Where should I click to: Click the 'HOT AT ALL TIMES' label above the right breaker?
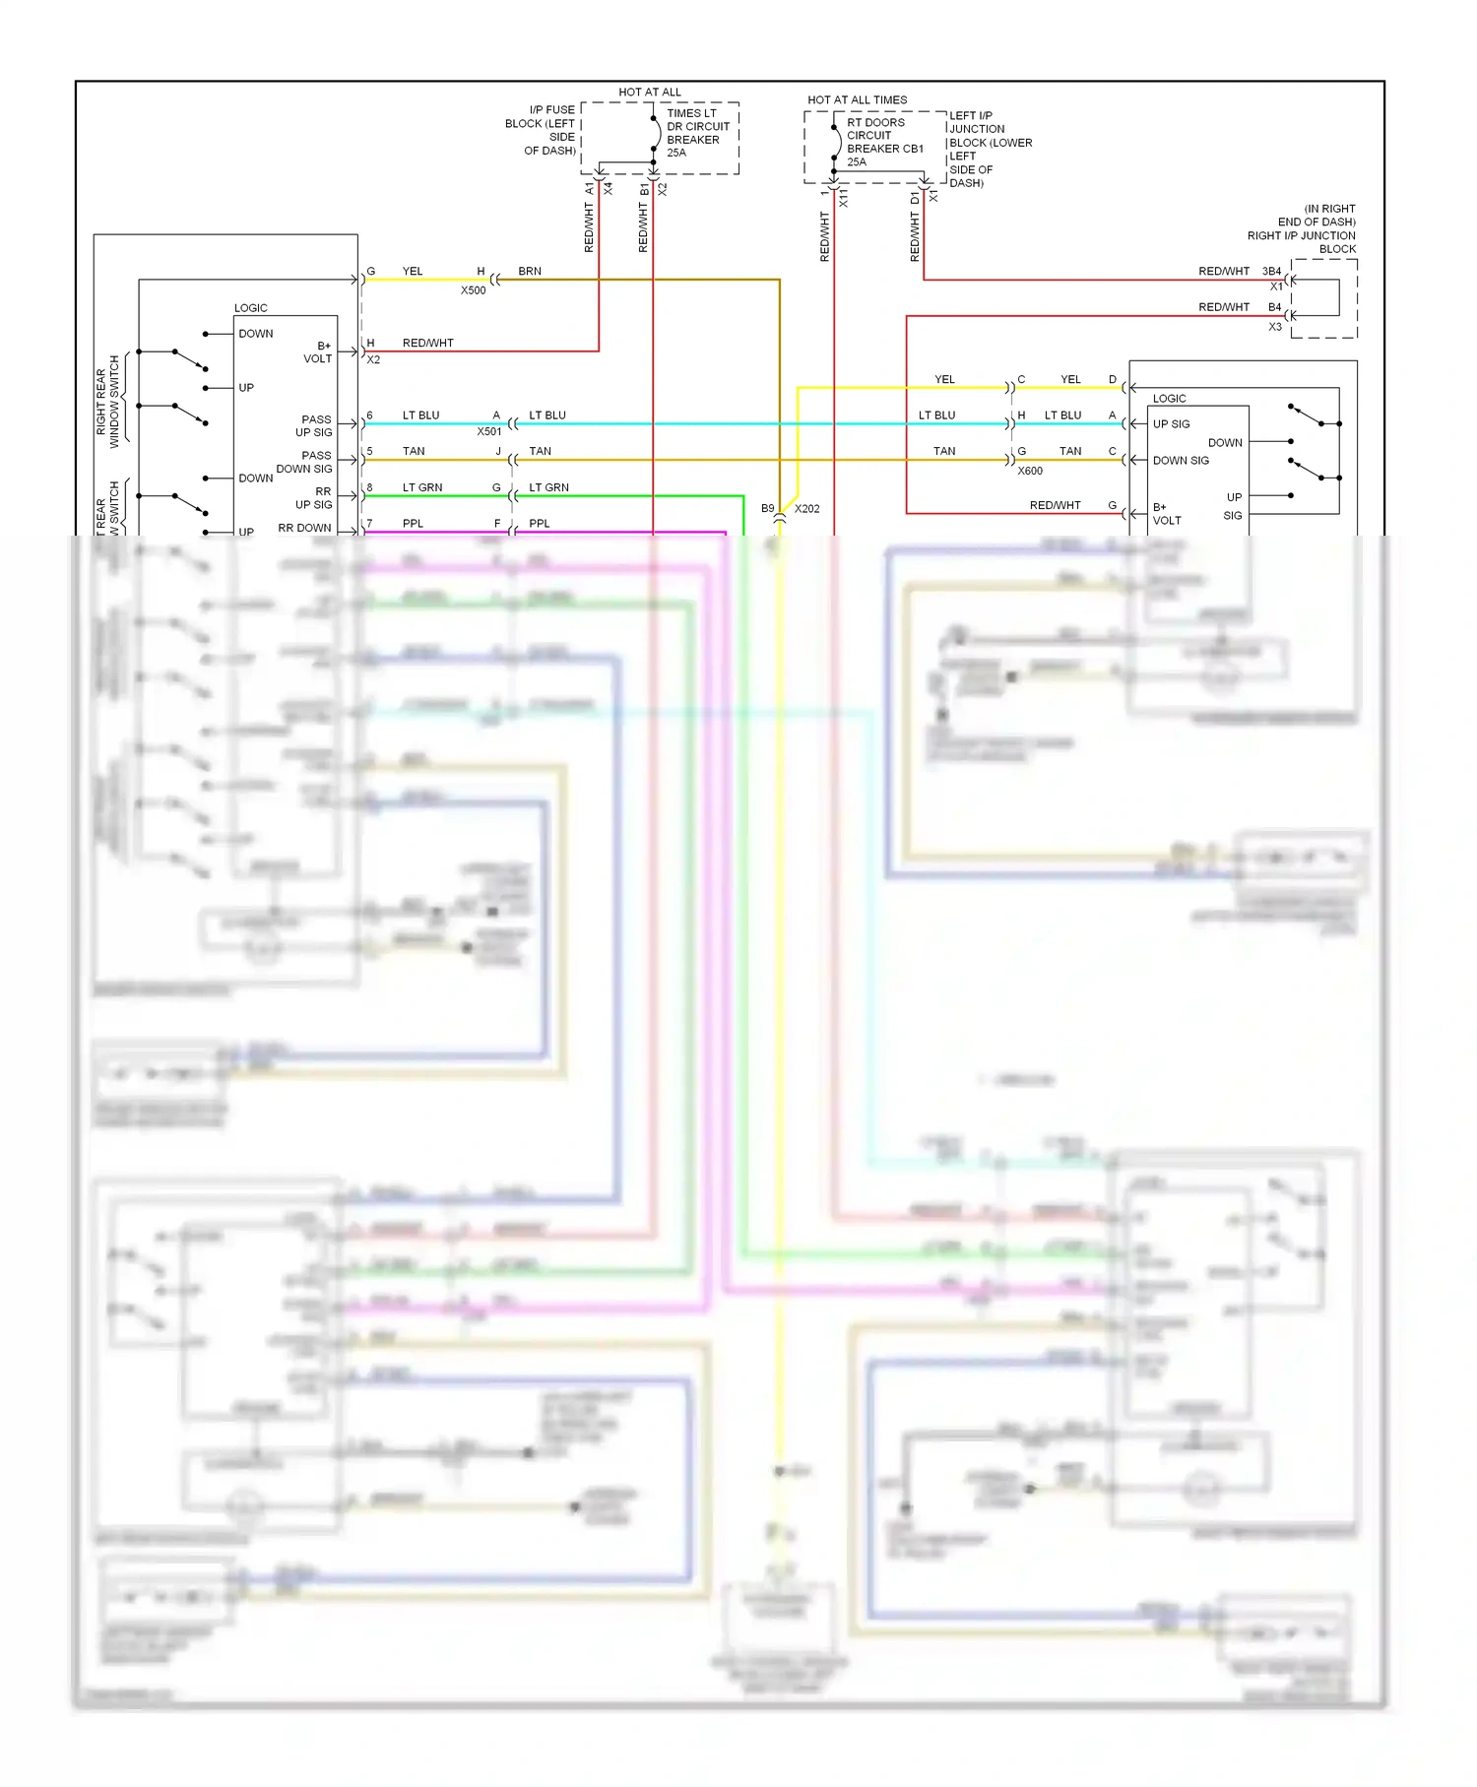857,99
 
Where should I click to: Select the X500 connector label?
473,290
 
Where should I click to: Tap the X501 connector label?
489,431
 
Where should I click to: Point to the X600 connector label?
1030,471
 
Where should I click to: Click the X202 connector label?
806,509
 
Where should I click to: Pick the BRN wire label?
530,271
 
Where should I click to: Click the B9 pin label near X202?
768,509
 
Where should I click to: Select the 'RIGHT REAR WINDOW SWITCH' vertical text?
107,402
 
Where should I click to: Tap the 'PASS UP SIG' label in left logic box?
315,425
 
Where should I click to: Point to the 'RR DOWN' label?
304,528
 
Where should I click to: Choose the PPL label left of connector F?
413,523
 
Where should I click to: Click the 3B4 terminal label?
1271,271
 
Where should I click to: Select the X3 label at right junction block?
1274,326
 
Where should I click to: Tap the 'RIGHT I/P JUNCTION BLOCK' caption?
1301,235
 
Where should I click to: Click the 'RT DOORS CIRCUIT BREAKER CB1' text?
883,142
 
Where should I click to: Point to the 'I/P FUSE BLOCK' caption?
542,130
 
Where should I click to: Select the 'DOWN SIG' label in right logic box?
1181,460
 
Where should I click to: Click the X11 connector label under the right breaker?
844,199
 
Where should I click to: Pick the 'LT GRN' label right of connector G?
548,487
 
